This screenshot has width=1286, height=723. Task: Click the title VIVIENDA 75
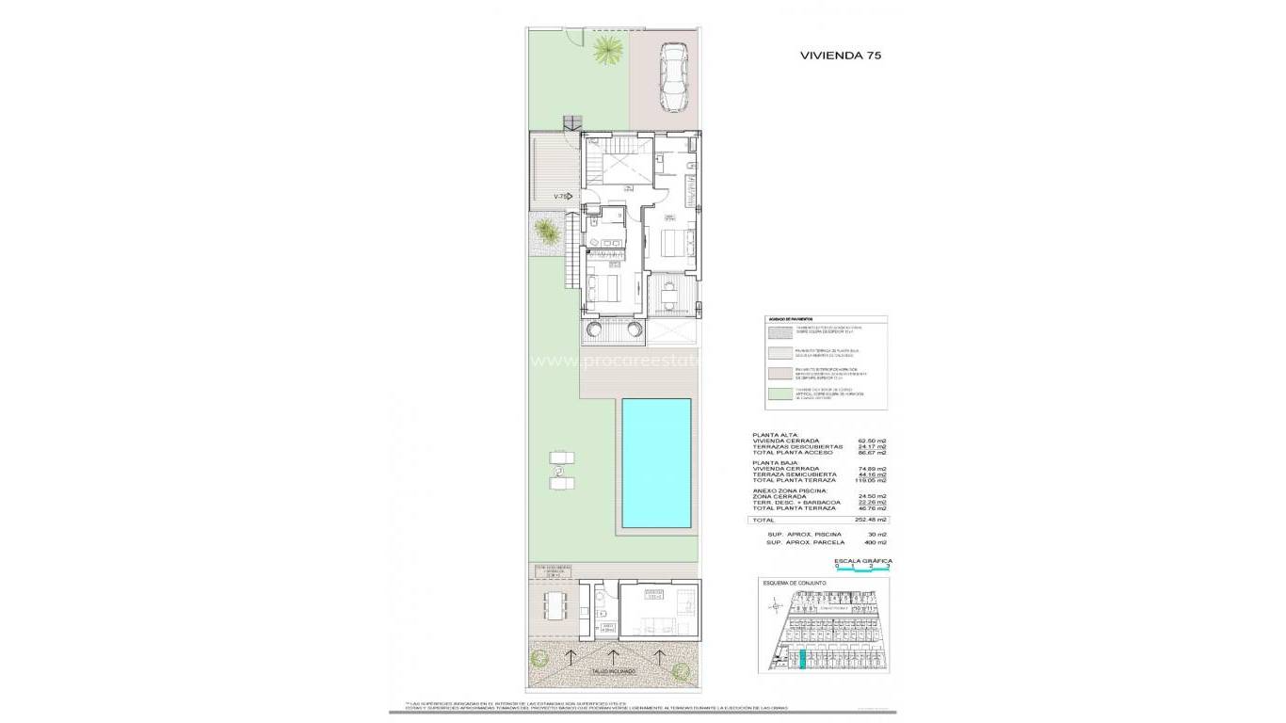(840, 56)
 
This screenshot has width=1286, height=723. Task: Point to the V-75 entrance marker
(562, 197)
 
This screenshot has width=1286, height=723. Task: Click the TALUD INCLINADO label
(613, 671)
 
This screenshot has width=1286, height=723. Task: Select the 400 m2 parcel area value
(876, 543)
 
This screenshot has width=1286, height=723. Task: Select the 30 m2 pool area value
(877, 535)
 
